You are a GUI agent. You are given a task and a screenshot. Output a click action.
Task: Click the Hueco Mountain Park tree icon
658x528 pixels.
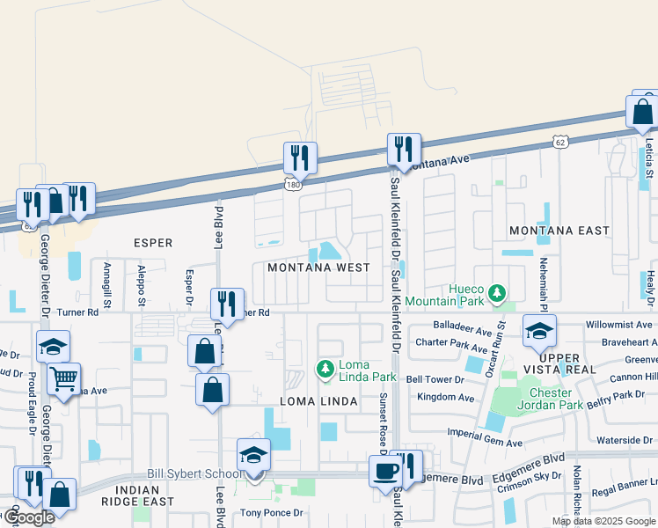coord(498,291)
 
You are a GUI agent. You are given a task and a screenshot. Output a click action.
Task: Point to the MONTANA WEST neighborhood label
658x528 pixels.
coord(318,268)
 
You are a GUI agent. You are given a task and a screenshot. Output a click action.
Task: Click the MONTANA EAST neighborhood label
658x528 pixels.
coord(559,231)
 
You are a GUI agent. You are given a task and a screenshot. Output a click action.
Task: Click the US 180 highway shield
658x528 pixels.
coord(293,184)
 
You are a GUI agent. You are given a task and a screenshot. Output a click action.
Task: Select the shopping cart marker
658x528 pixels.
coord(63,380)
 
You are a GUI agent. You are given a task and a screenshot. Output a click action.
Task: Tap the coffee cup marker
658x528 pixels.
coord(384,470)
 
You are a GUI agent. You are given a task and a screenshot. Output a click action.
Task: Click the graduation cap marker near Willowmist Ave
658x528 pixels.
coord(539,331)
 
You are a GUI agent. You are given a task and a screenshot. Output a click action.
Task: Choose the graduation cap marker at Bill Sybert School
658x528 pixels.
coord(253,456)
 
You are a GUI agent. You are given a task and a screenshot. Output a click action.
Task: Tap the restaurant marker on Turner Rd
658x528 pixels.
coord(227,304)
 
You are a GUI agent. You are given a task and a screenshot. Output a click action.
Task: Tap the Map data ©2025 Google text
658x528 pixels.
coord(603,521)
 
